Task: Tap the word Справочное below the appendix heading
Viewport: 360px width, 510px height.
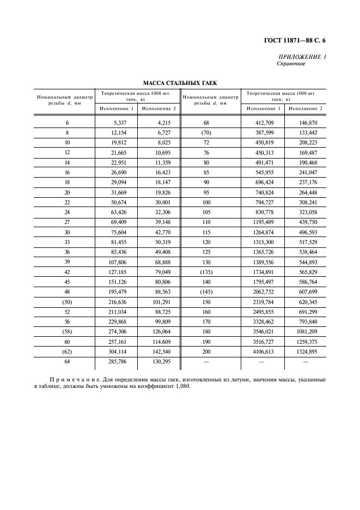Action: click(291, 64)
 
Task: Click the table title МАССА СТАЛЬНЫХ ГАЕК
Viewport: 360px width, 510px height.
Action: click(180, 83)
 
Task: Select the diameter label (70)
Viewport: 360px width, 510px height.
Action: click(206, 133)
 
